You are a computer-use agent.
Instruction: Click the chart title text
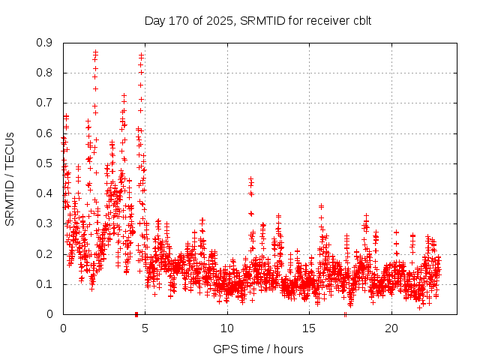pos(257,20)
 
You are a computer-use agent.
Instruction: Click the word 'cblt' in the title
pos(360,20)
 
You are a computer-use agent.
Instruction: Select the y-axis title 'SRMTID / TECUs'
pos(10,178)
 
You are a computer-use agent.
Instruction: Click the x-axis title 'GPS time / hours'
pos(257,349)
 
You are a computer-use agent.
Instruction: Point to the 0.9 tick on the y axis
pos(46,43)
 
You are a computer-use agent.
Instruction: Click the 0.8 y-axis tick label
pos(46,73)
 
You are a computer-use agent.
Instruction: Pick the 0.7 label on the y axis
pos(46,103)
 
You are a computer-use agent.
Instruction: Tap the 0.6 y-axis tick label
pos(46,133)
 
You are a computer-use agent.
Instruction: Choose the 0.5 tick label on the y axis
pos(46,163)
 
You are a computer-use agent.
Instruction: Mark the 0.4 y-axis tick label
pos(46,193)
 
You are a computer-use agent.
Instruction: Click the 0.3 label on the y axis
pos(46,223)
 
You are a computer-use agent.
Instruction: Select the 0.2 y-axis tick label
pos(46,253)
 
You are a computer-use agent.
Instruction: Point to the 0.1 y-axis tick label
pos(46,284)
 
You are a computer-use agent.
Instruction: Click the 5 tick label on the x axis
pos(145,328)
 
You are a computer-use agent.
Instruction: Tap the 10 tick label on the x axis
pos(227,328)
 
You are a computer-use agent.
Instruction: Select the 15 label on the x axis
pos(309,328)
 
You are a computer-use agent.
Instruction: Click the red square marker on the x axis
pos(136,313)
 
